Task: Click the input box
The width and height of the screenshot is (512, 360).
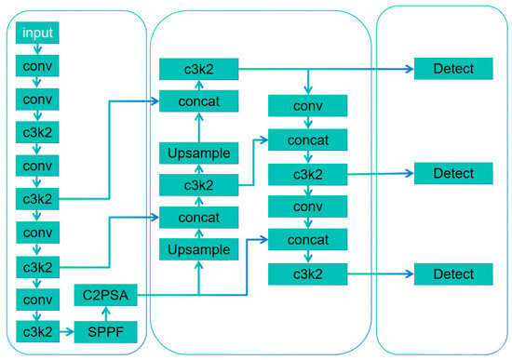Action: pyautogui.click(x=38, y=33)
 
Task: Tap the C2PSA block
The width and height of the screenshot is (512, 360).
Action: pyautogui.click(x=105, y=297)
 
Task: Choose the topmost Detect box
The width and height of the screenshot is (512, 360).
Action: pyautogui.click(x=447, y=69)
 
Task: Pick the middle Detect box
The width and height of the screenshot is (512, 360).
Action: pyautogui.click(x=447, y=173)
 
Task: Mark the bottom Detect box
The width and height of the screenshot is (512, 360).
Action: pyautogui.click(x=447, y=274)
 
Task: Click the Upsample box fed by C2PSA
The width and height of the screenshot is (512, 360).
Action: pyautogui.click(x=199, y=249)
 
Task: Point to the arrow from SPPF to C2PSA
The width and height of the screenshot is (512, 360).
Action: pyautogui.click(x=105, y=314)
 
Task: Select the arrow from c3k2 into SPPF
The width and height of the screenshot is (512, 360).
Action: pyautogui.click(x=67, y=330)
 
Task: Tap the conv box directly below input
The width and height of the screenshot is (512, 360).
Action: pyautogui.click(x=38, y=66)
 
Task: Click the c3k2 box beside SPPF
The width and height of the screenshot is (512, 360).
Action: pyautogui.click(x=38, y=330)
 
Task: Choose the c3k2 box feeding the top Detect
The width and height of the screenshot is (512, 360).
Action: pyautogui.click(x=199, y=69)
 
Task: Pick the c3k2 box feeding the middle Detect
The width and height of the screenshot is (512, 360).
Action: pyautogui.click(x=308, y=173)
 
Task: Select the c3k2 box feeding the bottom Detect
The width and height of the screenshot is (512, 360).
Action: pyautogui.click(x=308, y=274)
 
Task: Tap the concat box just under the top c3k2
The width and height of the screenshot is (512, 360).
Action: pyautogui.click(x=199, y=100)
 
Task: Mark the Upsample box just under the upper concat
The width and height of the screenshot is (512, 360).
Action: pyautogui.click(x=199, y=153)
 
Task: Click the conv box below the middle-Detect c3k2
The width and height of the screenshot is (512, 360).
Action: pyautogui.click(x=308, y=207)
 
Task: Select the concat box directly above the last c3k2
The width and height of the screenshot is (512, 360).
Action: pyautogui.click(x=308, y=240)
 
